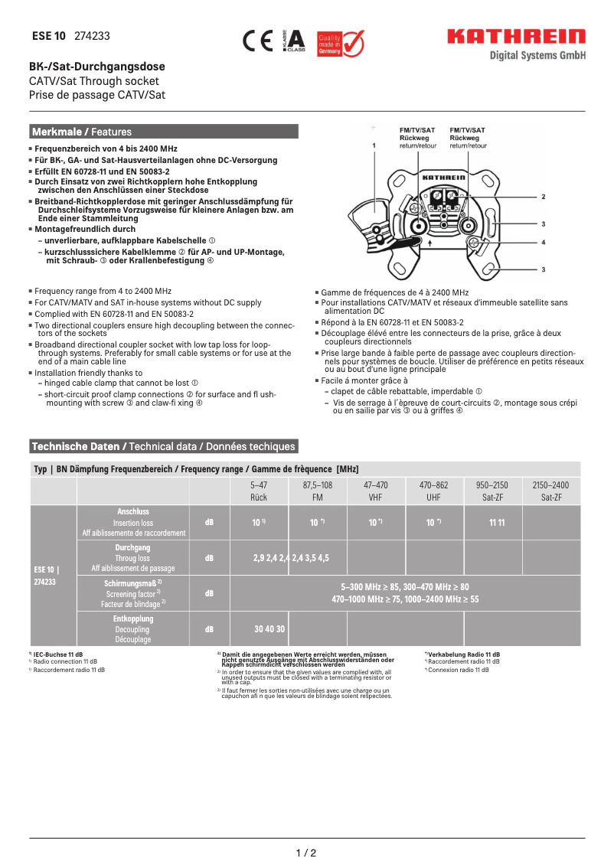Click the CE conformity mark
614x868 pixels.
point(257,41)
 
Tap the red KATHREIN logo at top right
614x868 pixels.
point(516,37)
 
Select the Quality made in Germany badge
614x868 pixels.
point(341,44)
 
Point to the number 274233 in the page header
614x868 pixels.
point(92,36)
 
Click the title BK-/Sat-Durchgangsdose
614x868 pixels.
point(97,67)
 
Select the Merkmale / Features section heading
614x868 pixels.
point(82,132)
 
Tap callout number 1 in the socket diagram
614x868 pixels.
point(374,144)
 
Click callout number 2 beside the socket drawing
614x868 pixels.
point(543,197)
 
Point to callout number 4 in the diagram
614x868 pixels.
point(543,242)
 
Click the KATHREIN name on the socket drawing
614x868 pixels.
point(444,177)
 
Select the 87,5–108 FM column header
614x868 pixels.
point(318,491)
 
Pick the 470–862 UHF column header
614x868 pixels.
point(433,491)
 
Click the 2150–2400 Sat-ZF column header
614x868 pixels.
point(550,491)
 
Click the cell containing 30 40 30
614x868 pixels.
point(269,628)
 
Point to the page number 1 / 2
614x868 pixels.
point(306,853)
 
